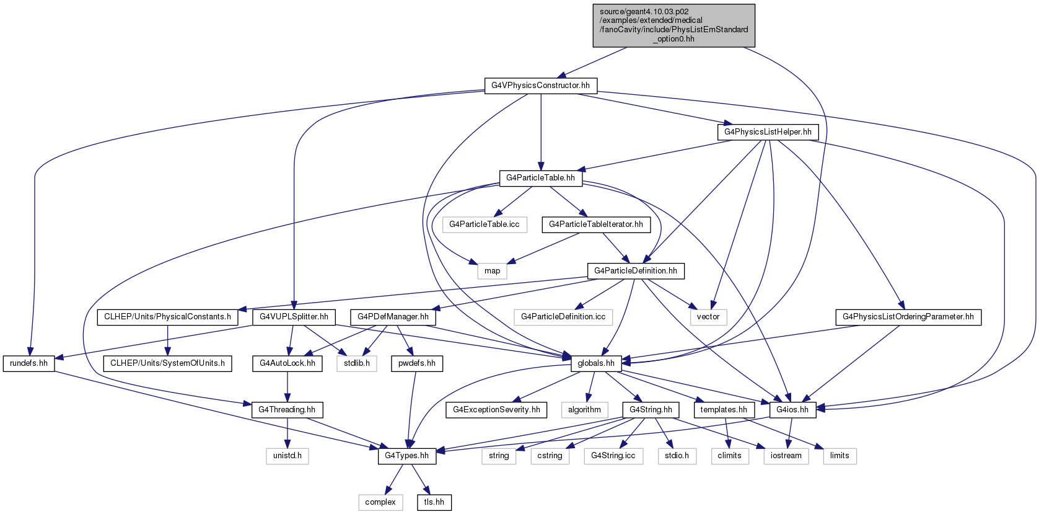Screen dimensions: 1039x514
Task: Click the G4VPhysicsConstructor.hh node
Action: click(x=541, y=86)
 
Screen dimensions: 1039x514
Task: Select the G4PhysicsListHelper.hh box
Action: click(x=768, y=132)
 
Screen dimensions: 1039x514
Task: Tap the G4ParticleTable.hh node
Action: click(x=540, y=179)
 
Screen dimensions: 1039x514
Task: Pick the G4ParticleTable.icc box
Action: click(x=484, y=224)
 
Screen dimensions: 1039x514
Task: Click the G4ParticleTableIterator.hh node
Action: click(x=596, y=224)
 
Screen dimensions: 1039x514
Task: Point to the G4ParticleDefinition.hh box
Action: click(x=636, y=271)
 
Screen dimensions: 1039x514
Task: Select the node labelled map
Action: click(x=492, y=271)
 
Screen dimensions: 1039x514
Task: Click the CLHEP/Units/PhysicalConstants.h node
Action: click(x=167, y=317)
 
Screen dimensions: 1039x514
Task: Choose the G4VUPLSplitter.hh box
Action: click(x=294, y=317)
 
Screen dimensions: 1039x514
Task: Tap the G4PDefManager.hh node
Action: click(x=393, y=317)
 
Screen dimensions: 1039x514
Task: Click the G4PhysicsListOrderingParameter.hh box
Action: click(x=908, y=317)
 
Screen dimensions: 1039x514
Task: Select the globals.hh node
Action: click(x=596, y=363)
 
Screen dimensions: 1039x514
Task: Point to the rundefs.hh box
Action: click(x=28, y=363)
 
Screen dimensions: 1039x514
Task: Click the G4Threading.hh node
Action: click(x=287, y=410)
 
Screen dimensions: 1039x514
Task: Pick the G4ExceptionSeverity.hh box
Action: click(x=496, y=410)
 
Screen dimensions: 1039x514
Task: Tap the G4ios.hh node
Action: click(x=792, y=410)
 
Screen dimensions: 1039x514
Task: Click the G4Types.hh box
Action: click(x=407, y=456)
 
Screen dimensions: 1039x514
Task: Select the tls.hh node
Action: click(x=434, y=502)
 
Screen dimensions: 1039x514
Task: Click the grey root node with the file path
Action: click(x=674, y=25)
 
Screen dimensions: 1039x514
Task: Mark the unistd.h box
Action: click(x=287, y=456)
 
